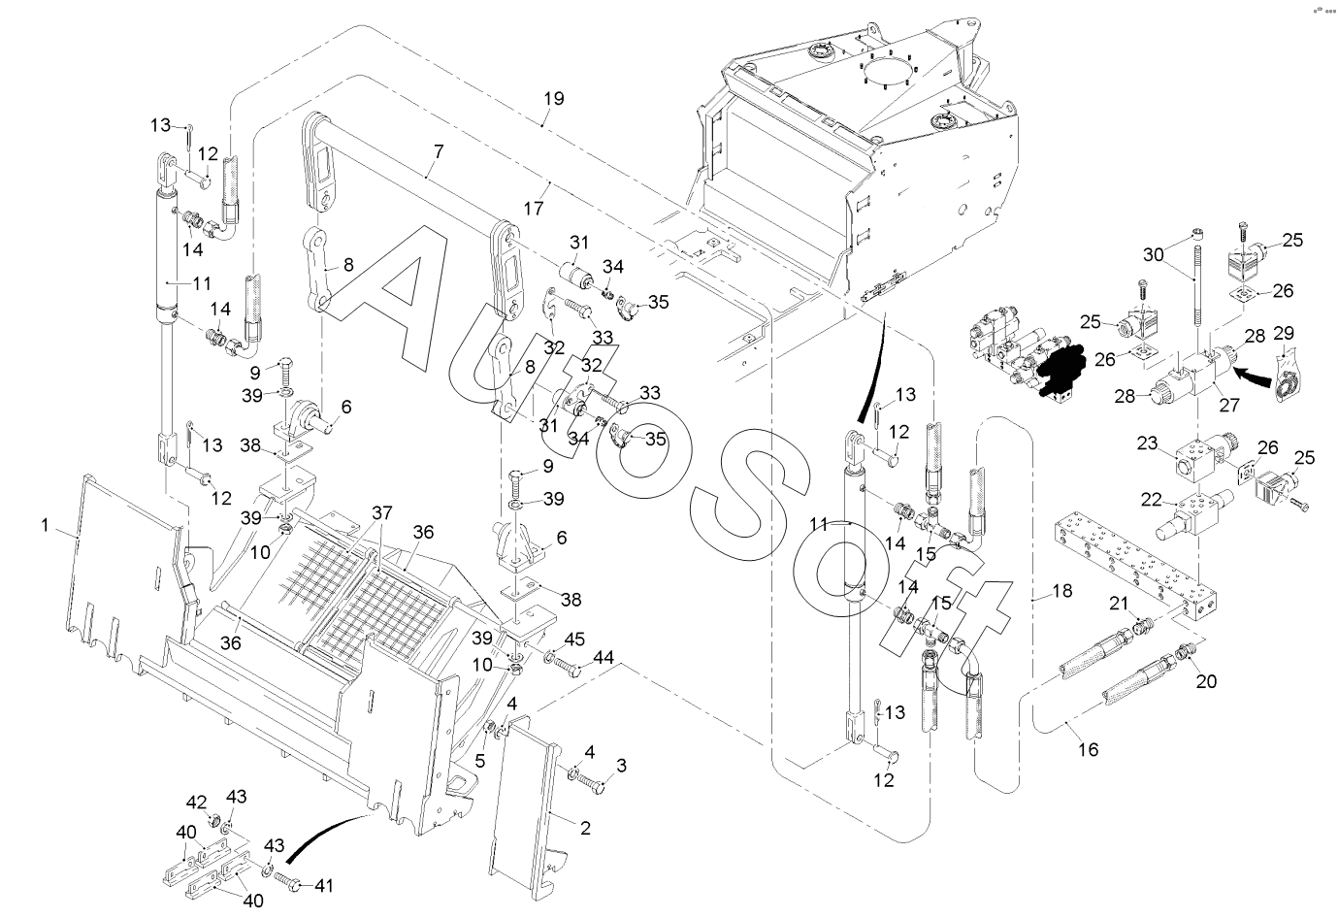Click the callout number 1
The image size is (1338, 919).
45,525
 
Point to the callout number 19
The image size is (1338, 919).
553,99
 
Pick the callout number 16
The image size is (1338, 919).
1089,749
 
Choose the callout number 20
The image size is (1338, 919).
1206,680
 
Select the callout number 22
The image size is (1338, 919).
1151,500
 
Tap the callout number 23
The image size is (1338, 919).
1148,443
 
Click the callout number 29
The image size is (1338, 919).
1284,334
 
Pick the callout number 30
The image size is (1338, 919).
1152,254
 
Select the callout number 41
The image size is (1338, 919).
324,884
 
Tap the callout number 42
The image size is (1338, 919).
197,802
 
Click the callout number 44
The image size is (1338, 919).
604,659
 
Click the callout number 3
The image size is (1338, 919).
621,766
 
